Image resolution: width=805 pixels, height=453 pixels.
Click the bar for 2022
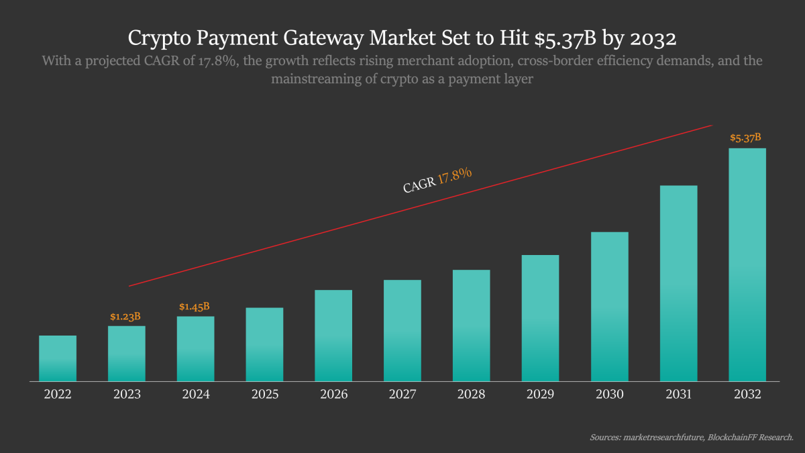pos(58,358)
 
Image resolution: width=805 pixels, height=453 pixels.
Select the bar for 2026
pos(333,336)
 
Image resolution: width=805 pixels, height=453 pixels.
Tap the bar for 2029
pos(540,318)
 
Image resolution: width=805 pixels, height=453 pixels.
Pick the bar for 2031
pos(678,283)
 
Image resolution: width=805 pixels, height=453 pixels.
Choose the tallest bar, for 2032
pos(747,264)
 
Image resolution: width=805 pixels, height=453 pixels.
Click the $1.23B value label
pos(125,316)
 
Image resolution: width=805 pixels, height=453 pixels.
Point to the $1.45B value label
pos(195,307)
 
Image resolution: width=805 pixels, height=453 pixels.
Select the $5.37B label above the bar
pos(746,138)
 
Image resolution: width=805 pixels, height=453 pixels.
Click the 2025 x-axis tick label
pos(265,395)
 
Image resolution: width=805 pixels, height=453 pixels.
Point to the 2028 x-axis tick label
pos(472,395)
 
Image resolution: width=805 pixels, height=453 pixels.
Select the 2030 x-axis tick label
pos(609,395)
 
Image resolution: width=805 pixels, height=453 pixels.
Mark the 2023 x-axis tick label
pos(127,395)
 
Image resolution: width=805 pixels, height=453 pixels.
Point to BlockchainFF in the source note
pos(735,438)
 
